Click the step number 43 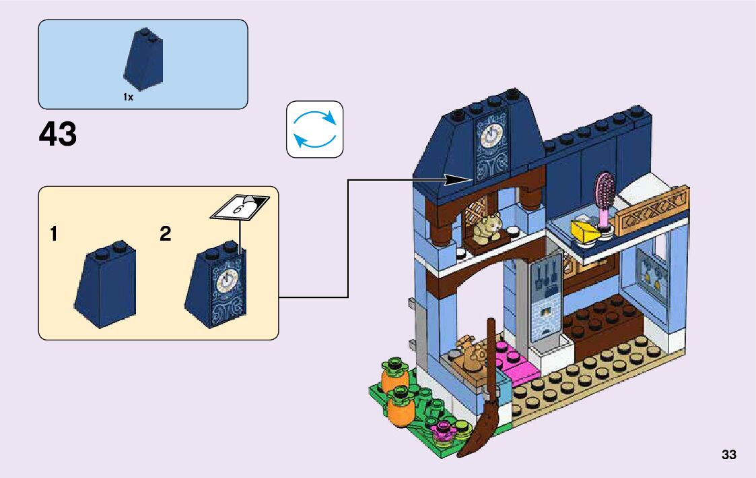pos(58,135)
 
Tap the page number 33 pos(728,455)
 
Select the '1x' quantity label pos(129,97)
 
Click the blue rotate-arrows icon pos(314,129)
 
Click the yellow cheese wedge pos(584,231)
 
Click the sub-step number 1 pos(53,235)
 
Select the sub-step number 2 pos(165,235)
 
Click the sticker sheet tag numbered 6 pos(240,206)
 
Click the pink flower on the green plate pos(444,428)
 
